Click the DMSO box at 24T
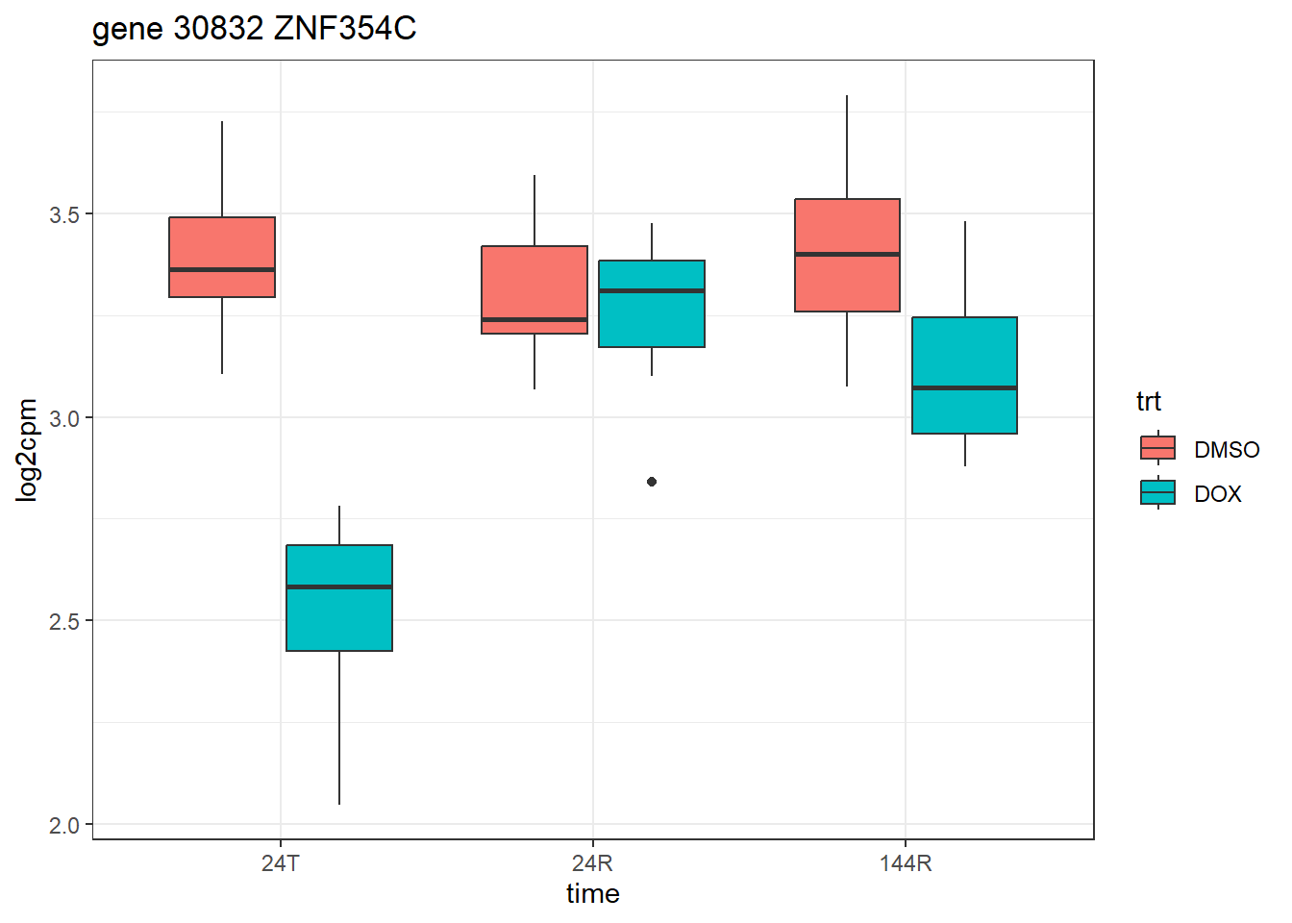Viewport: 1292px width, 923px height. click(x=222, y=257)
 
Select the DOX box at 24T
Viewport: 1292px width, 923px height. click(x=339, y=598)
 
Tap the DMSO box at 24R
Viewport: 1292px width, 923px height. click(x=534, y=289)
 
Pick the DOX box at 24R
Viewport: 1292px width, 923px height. click(x=652, y=304)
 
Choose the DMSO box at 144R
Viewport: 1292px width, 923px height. click(x=847, y=255)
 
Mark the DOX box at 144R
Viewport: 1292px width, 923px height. click(x=964, y=375)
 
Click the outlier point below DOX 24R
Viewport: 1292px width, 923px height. click(x=652, y=482)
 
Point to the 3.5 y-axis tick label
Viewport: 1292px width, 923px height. click(x=64, y=214)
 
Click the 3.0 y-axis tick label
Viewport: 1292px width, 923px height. click(x=64, y=418)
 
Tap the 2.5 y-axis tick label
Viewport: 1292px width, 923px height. click(x=64, y=621)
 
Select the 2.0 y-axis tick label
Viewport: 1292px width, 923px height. click(x=64, y=825)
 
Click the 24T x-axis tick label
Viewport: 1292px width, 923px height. click(x=281, y=863)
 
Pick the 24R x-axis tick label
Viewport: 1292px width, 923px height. click(x=592, y=863)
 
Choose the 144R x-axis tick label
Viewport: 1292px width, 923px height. click(x=906, y=863)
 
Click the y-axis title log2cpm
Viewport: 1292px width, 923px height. click(x=27, y=450)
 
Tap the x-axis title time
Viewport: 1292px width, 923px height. click(x=592, y=894)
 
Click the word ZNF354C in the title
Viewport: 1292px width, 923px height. click(x=345, y=29)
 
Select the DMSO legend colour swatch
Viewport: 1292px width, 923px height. click(x=1157, y=448)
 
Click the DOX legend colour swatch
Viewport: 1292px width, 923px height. click(x=1157, y=492)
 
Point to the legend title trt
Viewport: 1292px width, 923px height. click(x=1148, y=401)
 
